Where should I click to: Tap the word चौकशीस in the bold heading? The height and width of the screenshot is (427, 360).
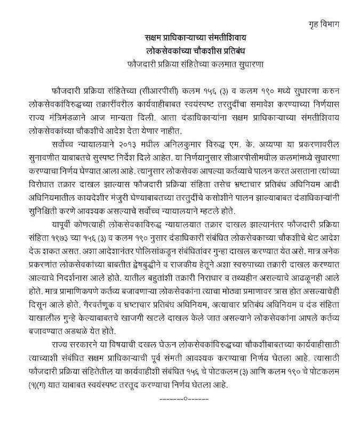tap(210, 52)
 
